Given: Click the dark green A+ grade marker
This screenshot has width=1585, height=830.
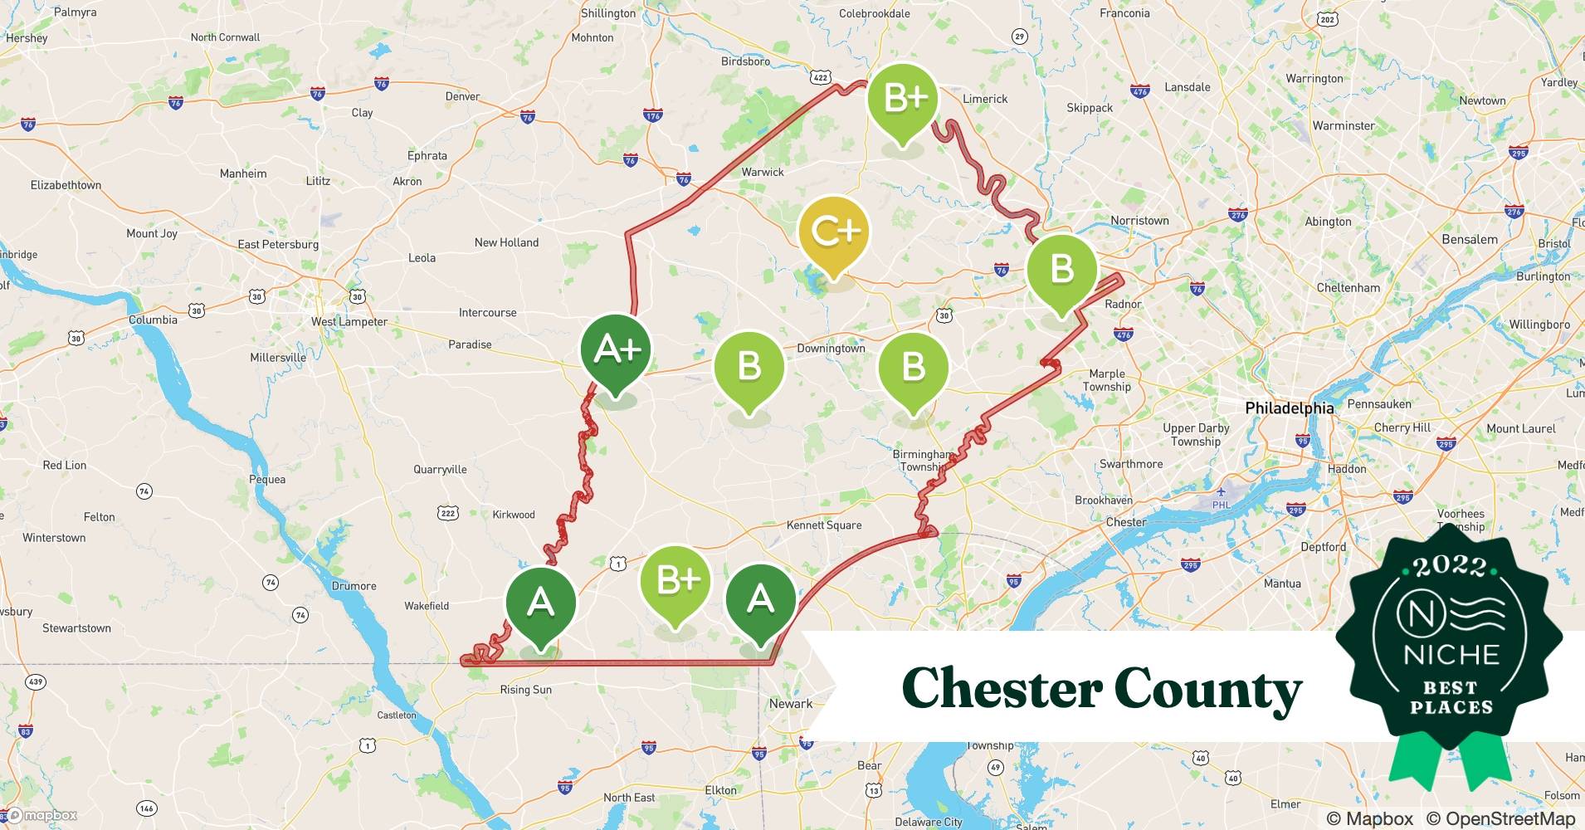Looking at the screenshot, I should pyautogui.click(x=616, y=350).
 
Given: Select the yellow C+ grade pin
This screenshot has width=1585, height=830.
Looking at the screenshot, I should pyautogui.click(x=834, y=232).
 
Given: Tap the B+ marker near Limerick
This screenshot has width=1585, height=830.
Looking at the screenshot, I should pyautogui.click(x=903, y=100).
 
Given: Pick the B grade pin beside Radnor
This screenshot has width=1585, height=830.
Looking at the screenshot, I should pyautogui.click(x=1061, y=270).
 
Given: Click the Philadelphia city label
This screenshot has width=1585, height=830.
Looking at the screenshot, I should pyautogui.click(x=1289, y=408).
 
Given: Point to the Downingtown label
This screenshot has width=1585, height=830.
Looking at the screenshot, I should pyautogui.click(x=831, y=349).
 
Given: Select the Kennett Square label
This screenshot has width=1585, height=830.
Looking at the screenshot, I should pyautogui.click(x=824, y=525).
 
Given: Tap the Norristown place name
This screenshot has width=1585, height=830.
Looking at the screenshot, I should pyautogui.click(x=1139, y=221).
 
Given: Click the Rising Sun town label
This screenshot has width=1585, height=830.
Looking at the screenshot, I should pyautogui.click(x=525, y=690).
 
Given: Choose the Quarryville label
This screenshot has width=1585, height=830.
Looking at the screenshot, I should pyautogui.click(x=440, y=470).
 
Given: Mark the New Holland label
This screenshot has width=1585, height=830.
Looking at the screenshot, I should pyautogui.click(x=506, y=242).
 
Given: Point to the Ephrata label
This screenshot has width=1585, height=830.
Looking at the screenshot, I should pyautogui.click(x=427, y=156).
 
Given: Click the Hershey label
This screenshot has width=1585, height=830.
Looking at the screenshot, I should pyautogui.click(x=27, y=38).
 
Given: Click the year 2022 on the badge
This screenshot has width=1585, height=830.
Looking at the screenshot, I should pyautogui.click(x=1450, y=566).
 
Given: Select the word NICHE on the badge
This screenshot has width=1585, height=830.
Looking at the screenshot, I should pyautogui.click(x=1451, y=655).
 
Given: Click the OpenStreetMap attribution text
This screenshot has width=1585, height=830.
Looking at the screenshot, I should pyautogui.click(x=1500, y=818).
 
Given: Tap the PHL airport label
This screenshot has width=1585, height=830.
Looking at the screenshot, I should pyautogui.click(x=1221, y=505).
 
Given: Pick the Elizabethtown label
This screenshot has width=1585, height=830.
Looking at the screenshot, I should pyautogui.click(x=66, y=185).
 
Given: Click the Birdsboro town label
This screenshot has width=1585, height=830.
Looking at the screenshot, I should pyautogui.click(x=745, y=61).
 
